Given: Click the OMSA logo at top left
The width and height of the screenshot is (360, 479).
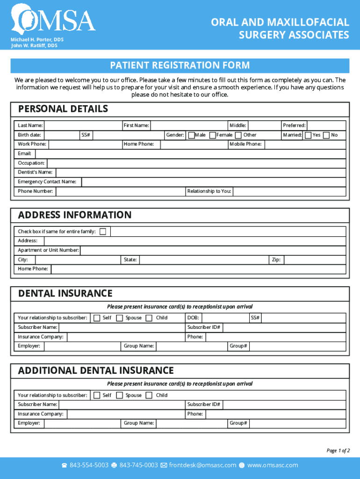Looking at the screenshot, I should point(54,19).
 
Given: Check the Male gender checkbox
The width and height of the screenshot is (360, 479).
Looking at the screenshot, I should point(191,135).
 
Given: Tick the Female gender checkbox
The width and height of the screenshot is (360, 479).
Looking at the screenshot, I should point(213,135).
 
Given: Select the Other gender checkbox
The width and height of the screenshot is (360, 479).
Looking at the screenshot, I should point(239,135).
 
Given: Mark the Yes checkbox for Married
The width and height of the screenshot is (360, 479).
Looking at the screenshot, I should point(308,135).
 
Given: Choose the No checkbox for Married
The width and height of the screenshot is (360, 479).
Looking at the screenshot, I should point(326,135).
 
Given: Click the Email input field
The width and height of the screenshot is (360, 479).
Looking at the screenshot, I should point(189,154).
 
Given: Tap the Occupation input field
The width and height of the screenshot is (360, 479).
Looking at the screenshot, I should point(196,163).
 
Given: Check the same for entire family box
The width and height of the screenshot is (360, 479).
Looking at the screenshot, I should point(102,232).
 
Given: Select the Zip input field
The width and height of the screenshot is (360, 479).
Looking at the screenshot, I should point(314,260).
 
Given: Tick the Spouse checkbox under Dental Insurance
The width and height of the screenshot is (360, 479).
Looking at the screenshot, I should point(120,318).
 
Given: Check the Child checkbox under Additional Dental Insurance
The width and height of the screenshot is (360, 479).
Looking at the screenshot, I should point(149,395).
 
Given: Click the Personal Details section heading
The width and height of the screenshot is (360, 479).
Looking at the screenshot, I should point(63,109).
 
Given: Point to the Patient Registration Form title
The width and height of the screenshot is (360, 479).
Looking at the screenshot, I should point(180,65).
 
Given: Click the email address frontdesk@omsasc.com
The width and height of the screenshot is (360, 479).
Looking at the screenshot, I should point(202,465).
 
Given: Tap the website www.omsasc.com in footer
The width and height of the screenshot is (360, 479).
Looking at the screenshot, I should point(272,465).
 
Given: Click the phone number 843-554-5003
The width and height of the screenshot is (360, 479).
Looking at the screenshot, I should point(89,465).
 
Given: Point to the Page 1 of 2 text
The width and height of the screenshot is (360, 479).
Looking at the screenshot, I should point(338,450).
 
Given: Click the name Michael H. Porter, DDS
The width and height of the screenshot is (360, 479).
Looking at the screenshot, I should point(37,40).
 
